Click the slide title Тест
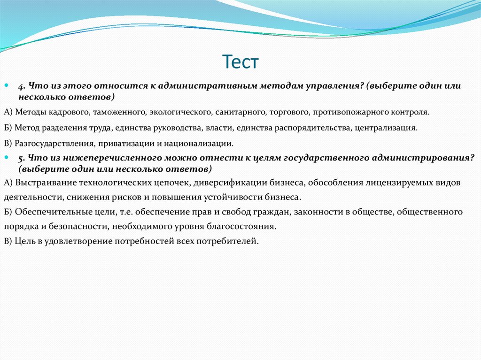coord(240,62)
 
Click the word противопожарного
coord(337,112)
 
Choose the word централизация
coord(386,128)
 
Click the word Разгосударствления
coord(51,143)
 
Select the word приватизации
coord(117,143)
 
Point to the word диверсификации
coord(227,182)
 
